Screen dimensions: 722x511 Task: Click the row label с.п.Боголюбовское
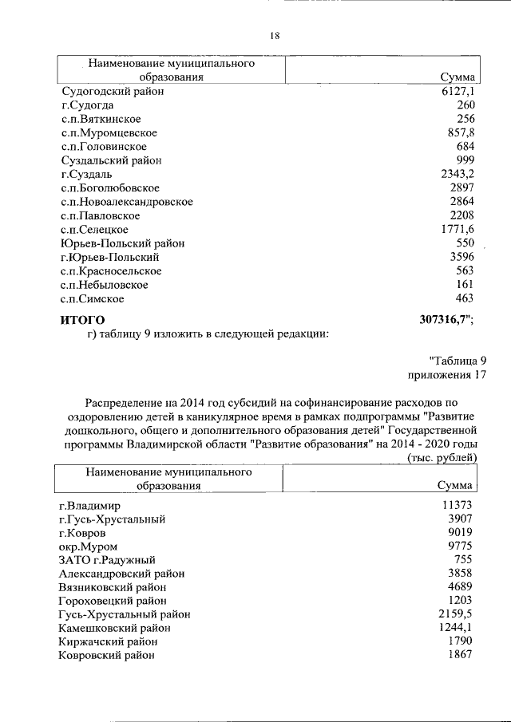click(x=115, y=188)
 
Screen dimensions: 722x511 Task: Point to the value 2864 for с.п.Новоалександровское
click(x=462, y=202)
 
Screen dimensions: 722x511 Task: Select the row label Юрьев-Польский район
click(x=114, y=243)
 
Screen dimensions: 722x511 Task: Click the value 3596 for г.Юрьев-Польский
click(x=462, y=257)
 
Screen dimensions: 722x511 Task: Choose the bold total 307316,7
click(x=445, y=320)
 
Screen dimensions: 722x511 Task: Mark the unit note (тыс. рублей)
click(x=442, y=457)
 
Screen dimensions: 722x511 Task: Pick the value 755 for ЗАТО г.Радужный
click(x=465, y=560)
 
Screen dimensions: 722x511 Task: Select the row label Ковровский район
click(x=107, y=655)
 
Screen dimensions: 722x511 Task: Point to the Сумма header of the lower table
click(x=456, y=485)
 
